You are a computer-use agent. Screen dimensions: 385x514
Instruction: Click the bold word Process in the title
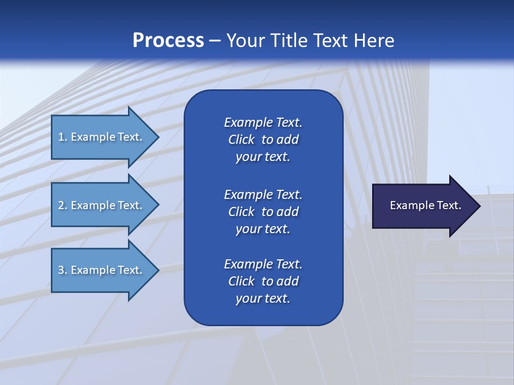(x=168, y=41)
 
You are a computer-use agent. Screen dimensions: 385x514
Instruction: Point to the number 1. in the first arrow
(x=63, y=137)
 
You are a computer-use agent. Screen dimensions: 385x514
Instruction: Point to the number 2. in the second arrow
(x=63, y=205)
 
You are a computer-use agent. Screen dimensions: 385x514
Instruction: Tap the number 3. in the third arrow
(x=63, y=270)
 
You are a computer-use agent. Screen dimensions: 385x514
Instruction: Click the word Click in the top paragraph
(x=241, y=140)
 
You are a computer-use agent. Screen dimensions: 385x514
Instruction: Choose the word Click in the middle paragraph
(x=241, y=212)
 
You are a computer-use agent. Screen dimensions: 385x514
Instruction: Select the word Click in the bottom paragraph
(x=241, y=281)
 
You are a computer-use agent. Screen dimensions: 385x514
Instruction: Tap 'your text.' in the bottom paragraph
(x=263, y=298)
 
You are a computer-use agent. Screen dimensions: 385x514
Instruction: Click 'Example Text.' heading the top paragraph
(x=263, y=122)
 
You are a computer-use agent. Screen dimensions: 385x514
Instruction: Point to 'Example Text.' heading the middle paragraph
(x=263, y=194)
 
